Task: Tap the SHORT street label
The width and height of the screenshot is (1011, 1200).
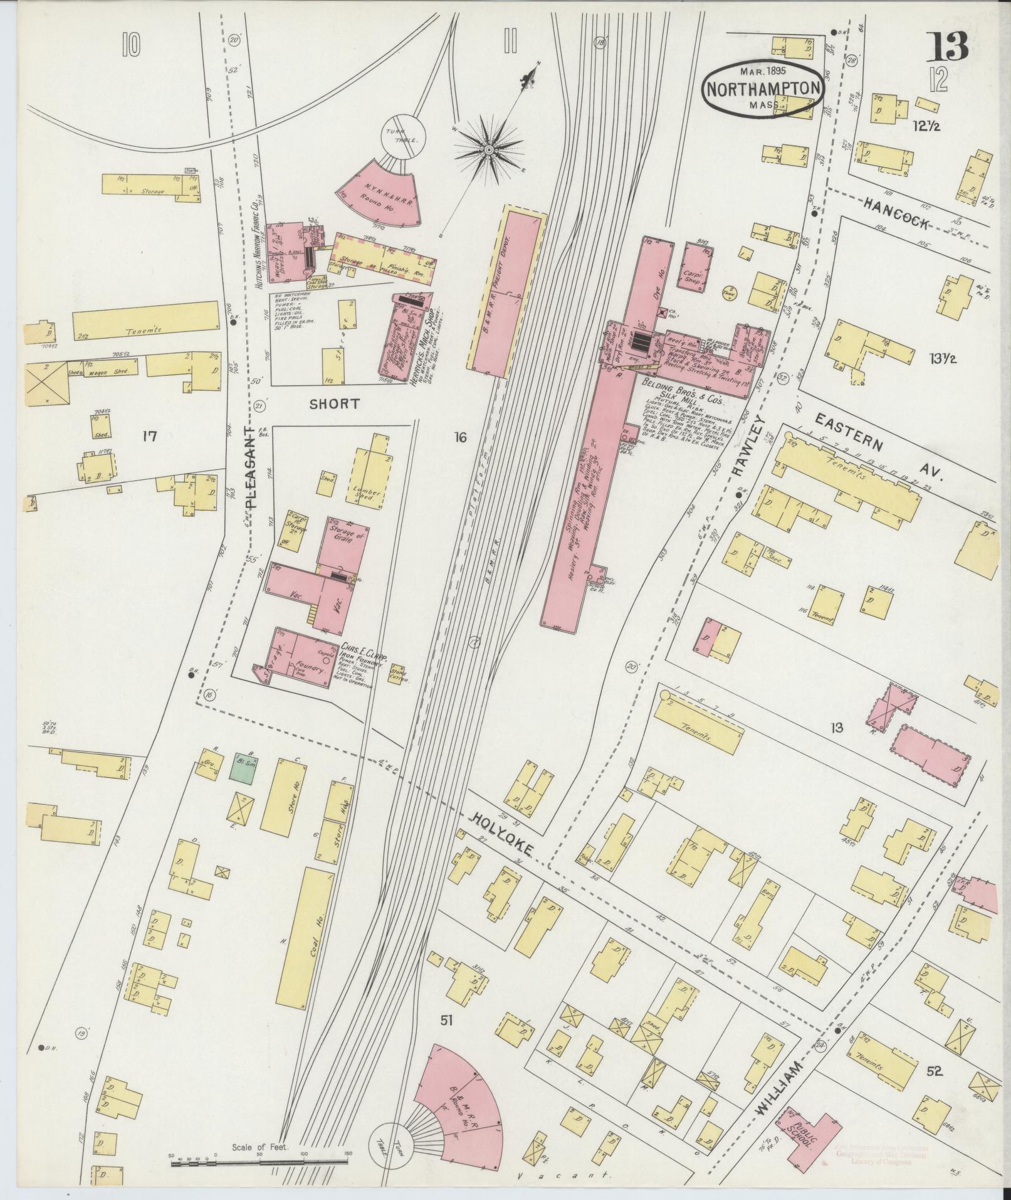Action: tap(335, 404)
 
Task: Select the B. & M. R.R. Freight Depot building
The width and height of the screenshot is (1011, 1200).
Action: tap(506, 294)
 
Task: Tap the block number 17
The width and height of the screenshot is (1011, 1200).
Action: tap(149, 436)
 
